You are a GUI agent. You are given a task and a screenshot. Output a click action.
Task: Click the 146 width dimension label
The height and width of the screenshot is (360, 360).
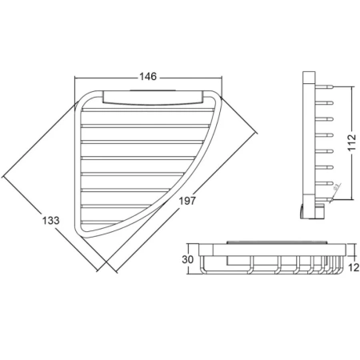[x=148, y=77]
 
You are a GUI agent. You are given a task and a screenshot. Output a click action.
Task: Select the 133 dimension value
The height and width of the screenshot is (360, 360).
[x=50, y=221]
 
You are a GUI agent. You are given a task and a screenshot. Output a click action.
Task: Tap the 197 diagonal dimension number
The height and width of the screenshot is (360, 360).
[x=187, y=201]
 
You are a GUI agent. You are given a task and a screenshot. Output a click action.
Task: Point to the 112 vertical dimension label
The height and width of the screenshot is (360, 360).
[x=352, y=143]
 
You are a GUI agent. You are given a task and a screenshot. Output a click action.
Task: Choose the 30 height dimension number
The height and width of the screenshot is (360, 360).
[x=187, y=259]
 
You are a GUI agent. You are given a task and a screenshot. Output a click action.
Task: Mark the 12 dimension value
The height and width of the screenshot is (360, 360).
[x=354, y=267]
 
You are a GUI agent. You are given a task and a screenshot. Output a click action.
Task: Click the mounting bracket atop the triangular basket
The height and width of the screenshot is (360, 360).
[x=153, y=98]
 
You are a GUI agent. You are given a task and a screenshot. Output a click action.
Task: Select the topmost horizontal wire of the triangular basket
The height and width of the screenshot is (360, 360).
[x=148, y=110]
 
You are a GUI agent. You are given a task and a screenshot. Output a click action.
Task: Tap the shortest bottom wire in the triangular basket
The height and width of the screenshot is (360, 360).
[x=102, y=222]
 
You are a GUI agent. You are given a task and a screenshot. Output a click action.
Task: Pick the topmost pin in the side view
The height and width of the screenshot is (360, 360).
[x=324, y=86]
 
